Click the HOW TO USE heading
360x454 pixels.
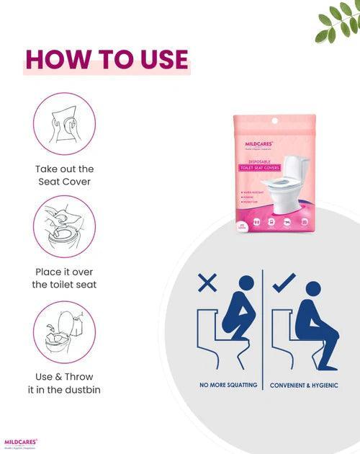coord(107,60)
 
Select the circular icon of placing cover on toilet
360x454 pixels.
coord(64,226)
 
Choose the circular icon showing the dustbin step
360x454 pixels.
coord(64,332)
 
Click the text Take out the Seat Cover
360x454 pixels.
coord(64,175)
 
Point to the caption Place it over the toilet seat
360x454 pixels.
coord(64,278)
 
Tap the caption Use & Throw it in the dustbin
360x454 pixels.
coord(64,383)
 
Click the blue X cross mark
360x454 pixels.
coord(207,282)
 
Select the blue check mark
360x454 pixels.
coord(282,283)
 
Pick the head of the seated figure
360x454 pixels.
coord(312,289)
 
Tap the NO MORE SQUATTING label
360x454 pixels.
coord(228,385)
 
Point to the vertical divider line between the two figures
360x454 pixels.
coord(263,324)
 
